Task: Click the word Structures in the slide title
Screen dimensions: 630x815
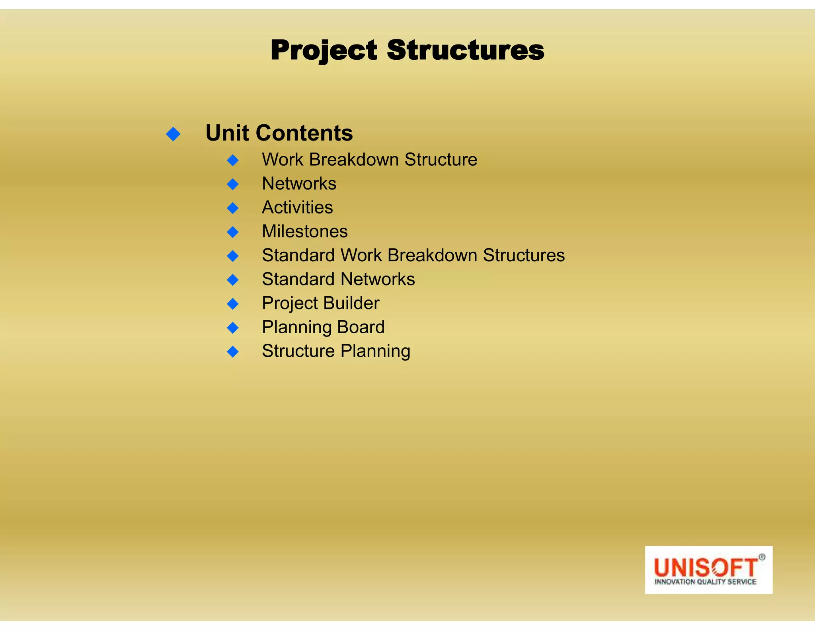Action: (465, 51)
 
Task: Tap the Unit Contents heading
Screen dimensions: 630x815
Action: (279, 133)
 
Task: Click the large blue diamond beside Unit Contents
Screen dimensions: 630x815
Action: (174, 134)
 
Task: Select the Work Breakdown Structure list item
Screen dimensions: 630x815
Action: (369, 160)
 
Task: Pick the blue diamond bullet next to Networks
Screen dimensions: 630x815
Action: (233, 184)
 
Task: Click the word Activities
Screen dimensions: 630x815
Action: (297, 207)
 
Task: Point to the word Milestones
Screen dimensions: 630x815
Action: (305, 231)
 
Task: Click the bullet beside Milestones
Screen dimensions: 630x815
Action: (233, 232)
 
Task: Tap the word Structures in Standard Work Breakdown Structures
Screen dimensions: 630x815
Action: (524, 255)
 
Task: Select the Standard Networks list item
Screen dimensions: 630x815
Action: (338, 279)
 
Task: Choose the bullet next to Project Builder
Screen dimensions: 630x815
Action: (233, 304)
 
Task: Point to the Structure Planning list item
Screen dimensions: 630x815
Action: (336, 351)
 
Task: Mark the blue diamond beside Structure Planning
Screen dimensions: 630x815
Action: (233, 352)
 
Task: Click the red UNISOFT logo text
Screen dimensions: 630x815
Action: (705, 567)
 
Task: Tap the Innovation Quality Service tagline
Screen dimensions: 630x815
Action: (705, 582)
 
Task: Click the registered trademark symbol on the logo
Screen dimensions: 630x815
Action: (762, 557)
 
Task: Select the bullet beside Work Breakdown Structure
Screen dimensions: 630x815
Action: (233, 160)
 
